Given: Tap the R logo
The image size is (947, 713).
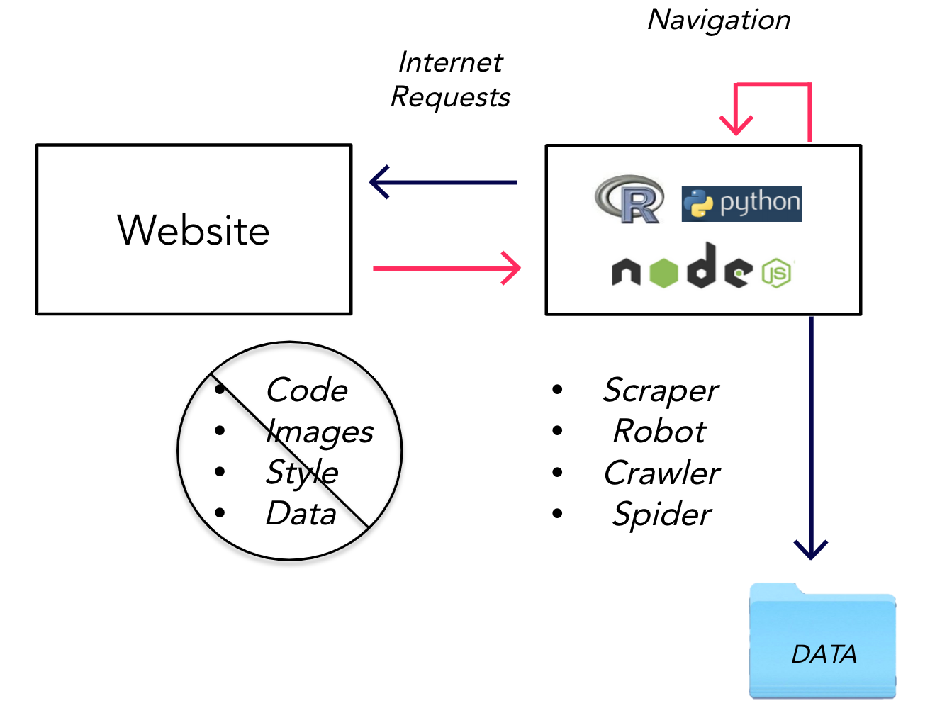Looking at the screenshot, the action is tap(629, 199).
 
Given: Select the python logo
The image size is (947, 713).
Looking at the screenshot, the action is tap(741, 203).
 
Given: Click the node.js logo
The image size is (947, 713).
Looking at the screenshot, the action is tap(703, 266).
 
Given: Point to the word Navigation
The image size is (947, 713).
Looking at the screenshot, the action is tap(718, 21).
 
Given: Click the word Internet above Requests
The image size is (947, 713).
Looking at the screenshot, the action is tap(450, 62).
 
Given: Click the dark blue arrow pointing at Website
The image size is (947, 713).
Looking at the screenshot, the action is tap(443, 182).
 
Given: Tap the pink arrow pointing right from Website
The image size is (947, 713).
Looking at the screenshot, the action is tap(447, 269).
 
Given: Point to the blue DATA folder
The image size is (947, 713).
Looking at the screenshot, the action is tap(822, 641).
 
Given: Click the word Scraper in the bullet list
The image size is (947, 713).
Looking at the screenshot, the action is tap(661, 391).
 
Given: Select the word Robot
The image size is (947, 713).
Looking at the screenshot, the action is tap(660, 431).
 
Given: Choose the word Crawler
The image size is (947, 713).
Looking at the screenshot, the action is tap(662, 473).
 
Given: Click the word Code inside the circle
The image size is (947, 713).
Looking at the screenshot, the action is tap(307, 390).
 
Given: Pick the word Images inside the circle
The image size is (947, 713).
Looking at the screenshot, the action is tap(320, 432).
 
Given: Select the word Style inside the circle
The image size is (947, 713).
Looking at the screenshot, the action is tap(302, 473).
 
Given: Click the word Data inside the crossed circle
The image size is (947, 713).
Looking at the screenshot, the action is tap(301, 513).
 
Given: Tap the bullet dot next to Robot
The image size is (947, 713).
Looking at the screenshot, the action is tap(557, 430).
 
